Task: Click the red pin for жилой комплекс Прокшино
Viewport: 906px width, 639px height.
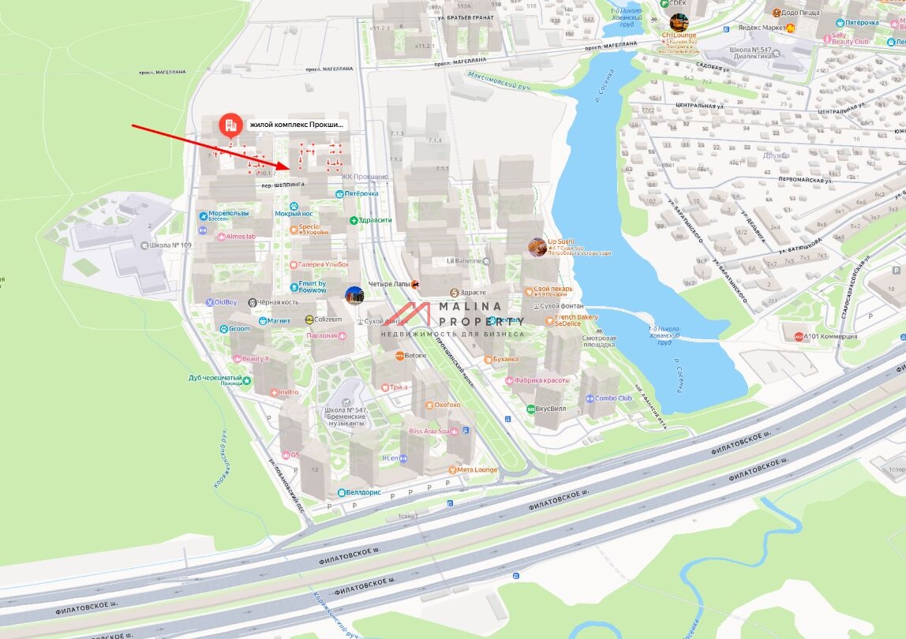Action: click(x=230, y=125)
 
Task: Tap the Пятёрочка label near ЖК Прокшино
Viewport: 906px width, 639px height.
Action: click(x=361, y=193)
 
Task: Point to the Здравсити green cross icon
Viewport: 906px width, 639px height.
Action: click(x=354, y=220)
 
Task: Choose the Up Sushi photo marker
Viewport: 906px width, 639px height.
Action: click(x=537, y=247)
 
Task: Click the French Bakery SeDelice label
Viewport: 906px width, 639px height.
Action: click(x=576, y=320)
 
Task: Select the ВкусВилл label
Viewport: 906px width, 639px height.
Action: click(x=550, y=409)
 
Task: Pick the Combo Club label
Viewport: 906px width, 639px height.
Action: click(x=613, y=398)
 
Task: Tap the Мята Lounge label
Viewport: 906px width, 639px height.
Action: click(x=477, y=470)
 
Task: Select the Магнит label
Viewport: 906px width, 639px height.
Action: click(x=279, y=321)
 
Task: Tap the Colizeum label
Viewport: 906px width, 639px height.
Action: click(x=328, y=319)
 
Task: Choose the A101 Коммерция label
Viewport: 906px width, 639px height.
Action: click(x=829, y=337)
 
